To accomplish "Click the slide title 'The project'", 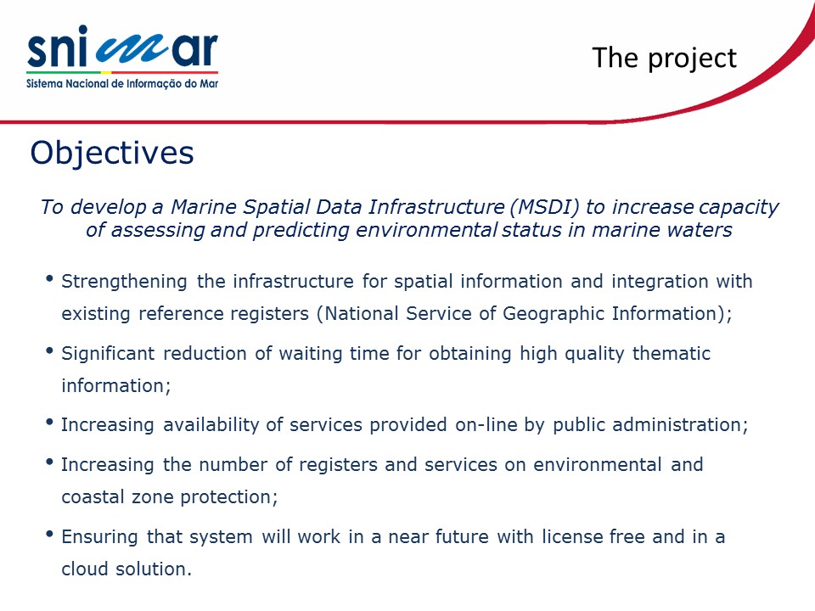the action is [x=664, y=59].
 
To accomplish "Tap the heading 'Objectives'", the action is [x=112, y=153].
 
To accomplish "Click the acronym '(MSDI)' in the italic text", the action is [x=544, y=207].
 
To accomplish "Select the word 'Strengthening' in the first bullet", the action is [x=124, y=282].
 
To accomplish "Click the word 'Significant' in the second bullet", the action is [x=108, y=354].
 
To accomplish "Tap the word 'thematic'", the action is [x=671, y=353].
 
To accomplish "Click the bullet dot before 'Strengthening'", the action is [x=50, y=279].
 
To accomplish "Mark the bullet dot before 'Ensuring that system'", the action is [x=50, y=534].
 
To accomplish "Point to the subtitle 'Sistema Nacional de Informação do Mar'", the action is [x=122, y=84].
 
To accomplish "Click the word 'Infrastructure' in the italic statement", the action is [x=436, y=207].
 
